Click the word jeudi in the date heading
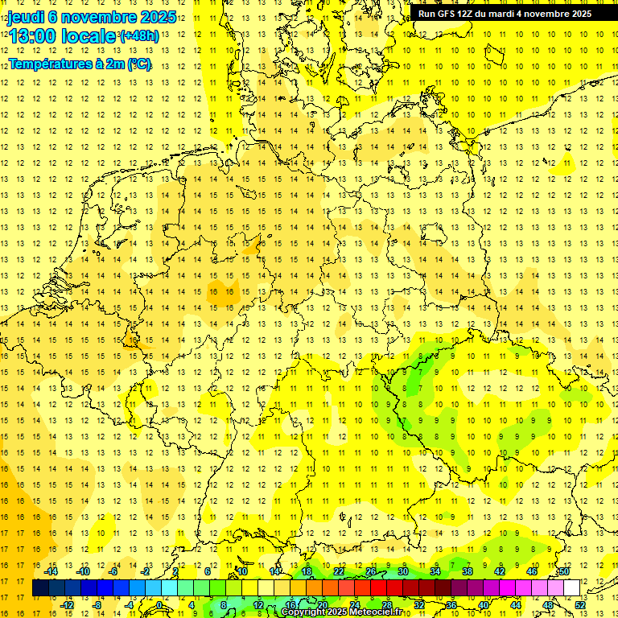[26, 17]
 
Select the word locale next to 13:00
[89, 36]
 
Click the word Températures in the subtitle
[47, 64]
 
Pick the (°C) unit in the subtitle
[139, 64]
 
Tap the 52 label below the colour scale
[580, 605]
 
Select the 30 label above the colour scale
[403, 571]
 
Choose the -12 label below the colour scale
[68, 605]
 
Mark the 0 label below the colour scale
[160, 605]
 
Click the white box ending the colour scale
[572, 588]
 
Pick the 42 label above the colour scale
[500, 571]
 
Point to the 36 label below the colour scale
[451, 605]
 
